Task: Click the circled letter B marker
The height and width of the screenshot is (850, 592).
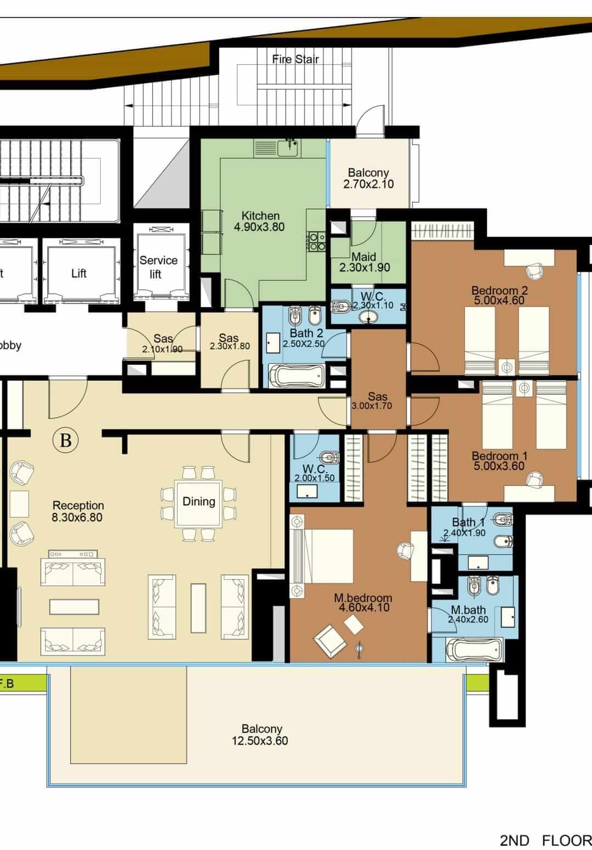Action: pyautogui.click(x=66, y=440)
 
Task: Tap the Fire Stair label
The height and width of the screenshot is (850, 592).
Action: pyautogui.click(x=295, y=59)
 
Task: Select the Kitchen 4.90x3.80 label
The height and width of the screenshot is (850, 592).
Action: pyautogui.click(x=260, y=222)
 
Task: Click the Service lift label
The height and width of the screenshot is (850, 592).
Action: pyautogui.click(x=158, y=267)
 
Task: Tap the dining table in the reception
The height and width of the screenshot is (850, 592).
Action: pyautogui.click(x=198, y=503)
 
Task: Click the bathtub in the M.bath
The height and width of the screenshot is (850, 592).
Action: pyautogui.click(x=475, y=650)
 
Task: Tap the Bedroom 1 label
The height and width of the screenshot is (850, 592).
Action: pyautogui.click(x=499, y=456)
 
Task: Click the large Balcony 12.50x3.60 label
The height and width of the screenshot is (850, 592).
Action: pyautogui.click(x=261, y=735)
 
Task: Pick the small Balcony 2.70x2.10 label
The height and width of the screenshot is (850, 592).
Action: pyautogui.click(x=368, y=179)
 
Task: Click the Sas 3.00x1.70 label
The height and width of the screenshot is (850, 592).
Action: pyautogui.click(x=378, y=401)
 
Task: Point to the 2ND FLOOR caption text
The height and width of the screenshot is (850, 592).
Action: pyautogui.click(x=545, y=840)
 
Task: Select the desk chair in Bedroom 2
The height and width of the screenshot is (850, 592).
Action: pyautogui.click(x=533, y=270)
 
